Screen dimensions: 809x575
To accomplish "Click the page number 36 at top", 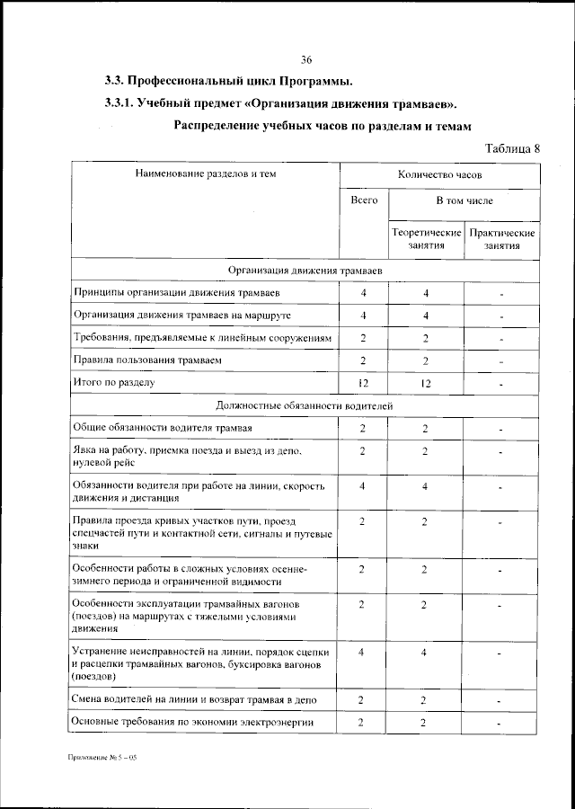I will (x=305, y=60).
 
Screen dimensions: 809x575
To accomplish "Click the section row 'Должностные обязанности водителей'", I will (x=305, y=405).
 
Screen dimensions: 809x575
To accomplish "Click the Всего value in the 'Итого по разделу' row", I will (x=363, y=384).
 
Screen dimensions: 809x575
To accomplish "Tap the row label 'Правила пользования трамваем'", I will (x=146, y=360).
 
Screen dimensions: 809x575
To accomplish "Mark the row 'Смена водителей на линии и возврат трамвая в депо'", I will (x=193, y=699).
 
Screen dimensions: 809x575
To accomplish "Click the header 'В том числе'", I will (x=464, y=201).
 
